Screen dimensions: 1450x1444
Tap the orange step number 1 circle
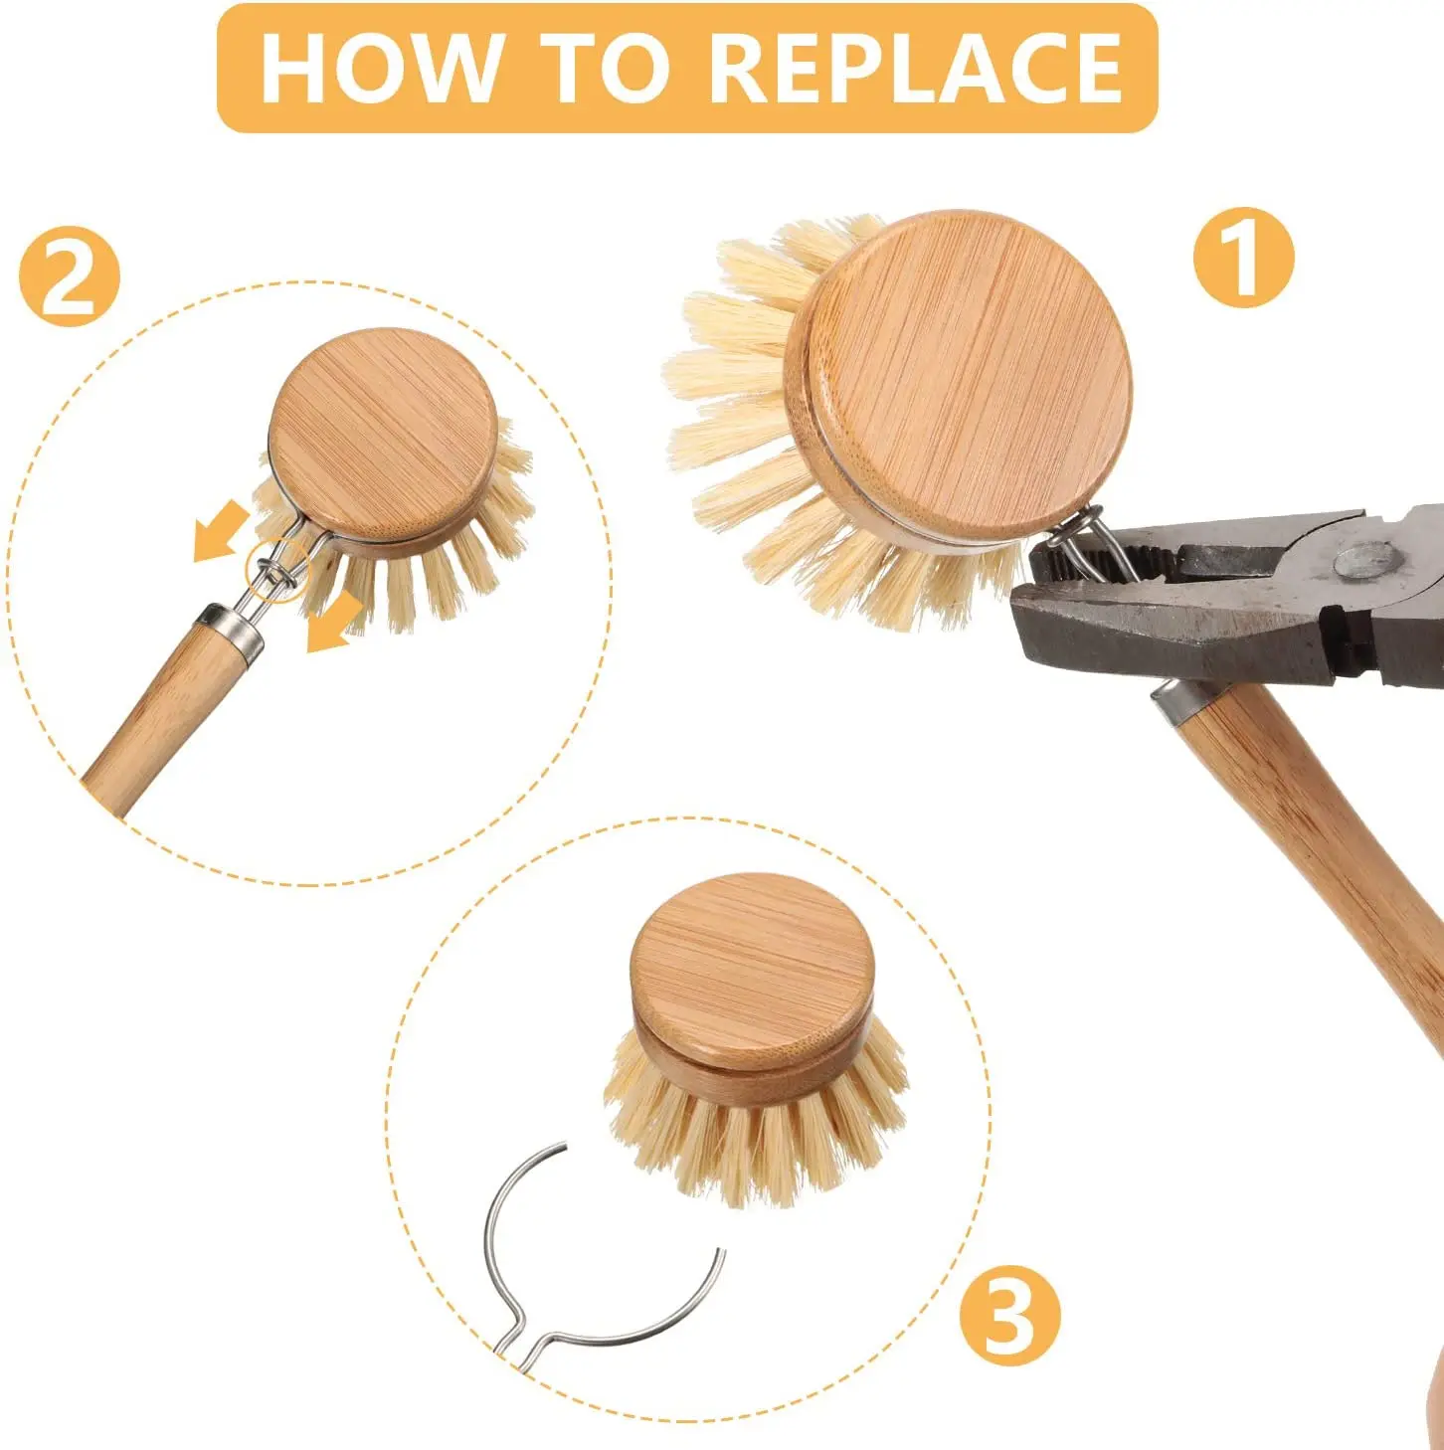1243,258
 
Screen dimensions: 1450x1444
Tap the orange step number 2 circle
69,277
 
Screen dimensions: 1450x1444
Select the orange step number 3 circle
1009,1317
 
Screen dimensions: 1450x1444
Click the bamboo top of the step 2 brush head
383,435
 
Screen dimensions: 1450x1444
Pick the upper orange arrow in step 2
221,531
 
